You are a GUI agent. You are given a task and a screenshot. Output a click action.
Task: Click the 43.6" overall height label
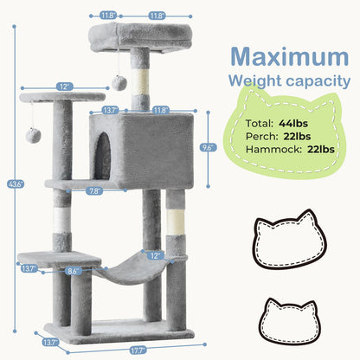click(16, 184)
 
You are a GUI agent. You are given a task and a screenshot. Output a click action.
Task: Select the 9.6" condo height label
click(208, 147)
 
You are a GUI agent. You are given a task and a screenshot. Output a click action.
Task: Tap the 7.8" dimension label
click(94, 190)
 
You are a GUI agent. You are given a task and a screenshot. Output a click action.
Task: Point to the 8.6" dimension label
click(74, 271)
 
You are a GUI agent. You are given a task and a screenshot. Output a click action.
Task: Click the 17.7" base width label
click(138, 350)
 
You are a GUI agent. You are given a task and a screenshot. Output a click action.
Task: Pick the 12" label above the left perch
click(64, 87)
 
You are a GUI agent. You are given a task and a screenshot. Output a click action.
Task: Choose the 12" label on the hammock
click(156, 255)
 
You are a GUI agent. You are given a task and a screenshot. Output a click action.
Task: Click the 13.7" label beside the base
click(51, 343)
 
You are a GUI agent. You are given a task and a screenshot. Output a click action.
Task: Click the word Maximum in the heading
click(290, 57)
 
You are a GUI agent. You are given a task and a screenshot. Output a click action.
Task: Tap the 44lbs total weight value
click(293, 124)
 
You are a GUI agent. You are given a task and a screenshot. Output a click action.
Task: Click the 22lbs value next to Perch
click(297, 136)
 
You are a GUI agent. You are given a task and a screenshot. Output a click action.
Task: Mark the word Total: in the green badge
click(259, 124)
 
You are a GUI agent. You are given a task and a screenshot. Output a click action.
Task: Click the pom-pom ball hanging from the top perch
click(119, 83)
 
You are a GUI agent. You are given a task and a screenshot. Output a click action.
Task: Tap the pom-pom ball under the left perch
click(33, 136)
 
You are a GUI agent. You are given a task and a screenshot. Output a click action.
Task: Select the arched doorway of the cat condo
click(103, 156)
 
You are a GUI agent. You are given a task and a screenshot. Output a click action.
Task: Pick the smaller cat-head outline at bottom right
click(289, 322)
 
